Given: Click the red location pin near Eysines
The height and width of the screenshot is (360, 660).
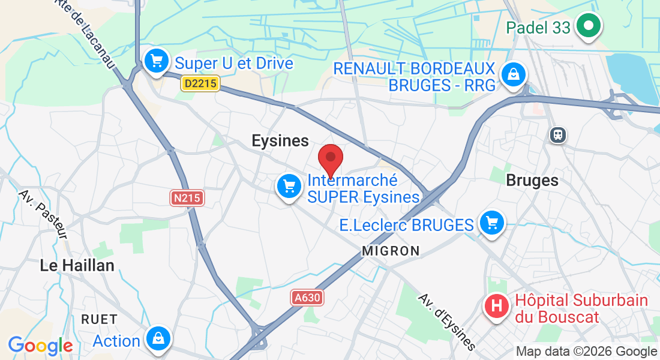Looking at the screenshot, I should click(x=330, y=159).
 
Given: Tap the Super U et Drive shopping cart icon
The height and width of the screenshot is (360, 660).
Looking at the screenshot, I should click(x=157, y=61).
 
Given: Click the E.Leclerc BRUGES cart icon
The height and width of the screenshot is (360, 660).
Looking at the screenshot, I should click(x=493, y=223).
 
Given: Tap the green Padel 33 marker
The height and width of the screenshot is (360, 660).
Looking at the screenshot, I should click(x=589, y=26).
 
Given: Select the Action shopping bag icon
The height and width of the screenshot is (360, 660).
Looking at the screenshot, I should click(x=158, y=339).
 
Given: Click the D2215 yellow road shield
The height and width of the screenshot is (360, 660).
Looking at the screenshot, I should click(x=200, y=85).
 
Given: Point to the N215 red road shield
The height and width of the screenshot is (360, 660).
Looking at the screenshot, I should click(x=187, y=198).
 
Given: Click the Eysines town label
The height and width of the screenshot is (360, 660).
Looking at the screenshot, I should click(x=280, y=141).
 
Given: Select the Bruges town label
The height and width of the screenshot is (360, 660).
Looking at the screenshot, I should click(x=532, y=180).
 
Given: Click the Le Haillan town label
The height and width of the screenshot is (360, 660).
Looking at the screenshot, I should click(x=77, y=265).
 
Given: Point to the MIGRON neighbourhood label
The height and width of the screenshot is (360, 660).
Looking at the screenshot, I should click(x=391, y=251).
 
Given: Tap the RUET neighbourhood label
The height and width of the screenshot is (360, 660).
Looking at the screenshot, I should click(x=100, y=319).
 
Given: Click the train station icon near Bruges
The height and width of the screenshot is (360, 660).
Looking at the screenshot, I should click(x=558, y=134).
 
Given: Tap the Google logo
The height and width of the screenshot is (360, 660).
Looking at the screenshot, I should click(x=40, y=346).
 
